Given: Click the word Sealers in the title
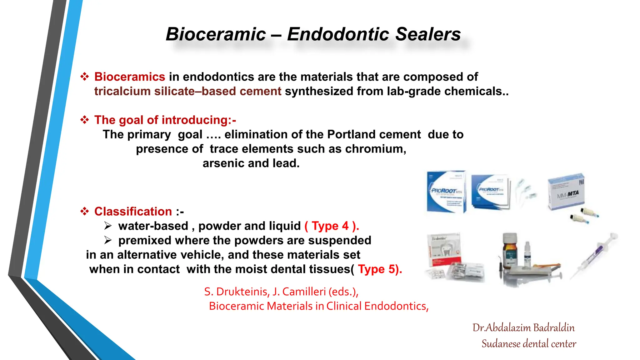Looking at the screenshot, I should tap(428, 34).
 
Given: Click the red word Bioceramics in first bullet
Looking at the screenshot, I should tap(130, 77).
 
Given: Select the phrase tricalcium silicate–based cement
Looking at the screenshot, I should tap(187, 91).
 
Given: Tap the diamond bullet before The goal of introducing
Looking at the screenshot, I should tap(84, 120).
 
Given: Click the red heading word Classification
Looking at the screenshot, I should tap(133, 212).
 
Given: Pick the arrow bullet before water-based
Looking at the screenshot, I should tap(108, 226).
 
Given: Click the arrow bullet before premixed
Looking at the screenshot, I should tap(108, 240).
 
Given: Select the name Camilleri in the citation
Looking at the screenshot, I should tap(303, 292).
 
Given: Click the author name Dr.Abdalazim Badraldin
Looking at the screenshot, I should tap(523, 328).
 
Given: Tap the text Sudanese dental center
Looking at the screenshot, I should tap(529, 344).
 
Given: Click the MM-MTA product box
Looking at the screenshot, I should tap(566, 191).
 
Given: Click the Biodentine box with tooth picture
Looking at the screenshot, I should tap(444, 250).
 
